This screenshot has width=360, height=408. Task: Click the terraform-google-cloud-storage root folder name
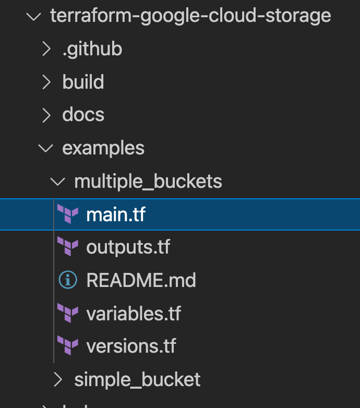(x=190, y=16)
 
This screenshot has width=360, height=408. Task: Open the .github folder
(x=92, y=49)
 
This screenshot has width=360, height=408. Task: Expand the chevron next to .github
(x=46, y=49)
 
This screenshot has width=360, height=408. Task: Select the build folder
(x=83, y=82)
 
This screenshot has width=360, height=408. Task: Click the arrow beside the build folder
(x=46, y=82)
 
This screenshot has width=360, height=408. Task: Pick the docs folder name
(x=83, y=115)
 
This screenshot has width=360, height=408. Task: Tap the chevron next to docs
(x=46, y=115)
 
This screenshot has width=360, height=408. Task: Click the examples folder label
(x=103, y=148)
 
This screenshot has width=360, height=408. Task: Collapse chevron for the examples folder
(x=46, y=148)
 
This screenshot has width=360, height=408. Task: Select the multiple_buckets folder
(x=148, y=182)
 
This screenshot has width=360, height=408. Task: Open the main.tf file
(x=115, y=214)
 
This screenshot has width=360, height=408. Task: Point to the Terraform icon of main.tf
(x=68, y=214)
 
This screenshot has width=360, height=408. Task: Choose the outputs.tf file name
(x=128, y=247)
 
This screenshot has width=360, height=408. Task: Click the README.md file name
(x=141, y=280)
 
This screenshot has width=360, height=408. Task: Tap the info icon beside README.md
(x=68, y=280)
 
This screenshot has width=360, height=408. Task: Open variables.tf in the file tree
(x=134, y=314)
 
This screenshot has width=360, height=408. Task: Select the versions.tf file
(x=131, y=346)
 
